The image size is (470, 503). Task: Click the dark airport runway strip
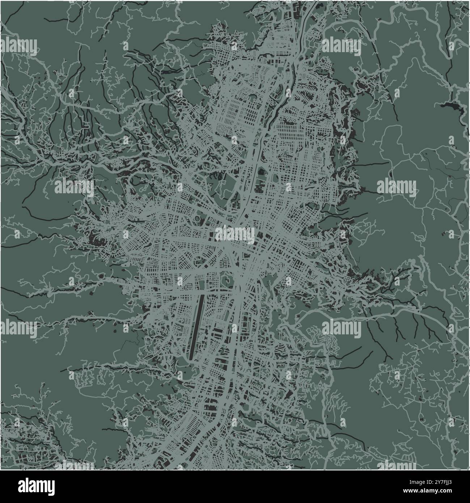tap(196, 325)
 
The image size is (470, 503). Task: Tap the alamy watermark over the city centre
tap(235, 235)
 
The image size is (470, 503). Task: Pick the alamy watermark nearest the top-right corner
tap(341, 46)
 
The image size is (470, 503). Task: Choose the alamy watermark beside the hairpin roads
tap(341, 329)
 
